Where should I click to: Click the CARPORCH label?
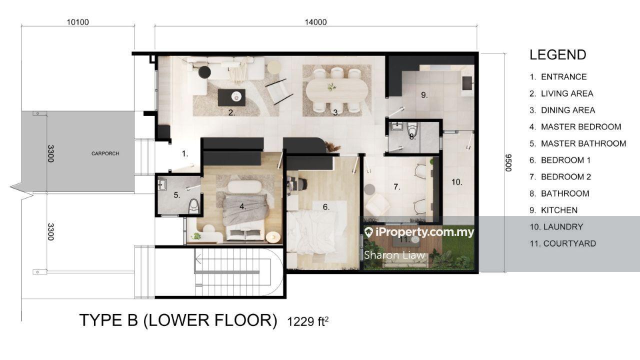105,153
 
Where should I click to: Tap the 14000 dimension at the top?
315,22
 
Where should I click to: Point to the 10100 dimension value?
77,22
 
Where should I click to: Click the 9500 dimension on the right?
508,163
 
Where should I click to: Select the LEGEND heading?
557,55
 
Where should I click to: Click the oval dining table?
337,89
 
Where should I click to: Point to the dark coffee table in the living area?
231,97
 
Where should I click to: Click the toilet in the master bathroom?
194,206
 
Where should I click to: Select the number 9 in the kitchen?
424,95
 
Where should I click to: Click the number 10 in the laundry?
456,182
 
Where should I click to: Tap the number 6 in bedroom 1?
326,207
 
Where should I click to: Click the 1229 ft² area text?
307,321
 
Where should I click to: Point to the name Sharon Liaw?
394,255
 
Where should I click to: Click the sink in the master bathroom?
162,185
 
